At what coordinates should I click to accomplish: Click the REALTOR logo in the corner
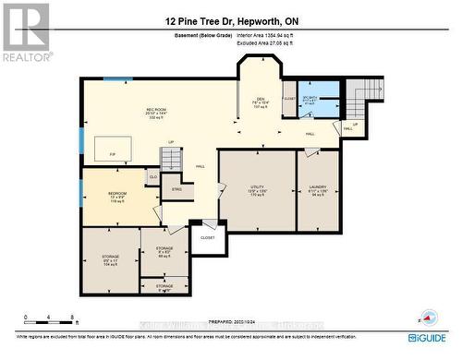pos(25,32)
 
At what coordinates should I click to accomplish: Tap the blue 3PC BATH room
pos(322,101)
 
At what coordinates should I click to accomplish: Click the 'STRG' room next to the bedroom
pos(176,190)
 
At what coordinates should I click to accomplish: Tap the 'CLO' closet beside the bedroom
pos(152,175)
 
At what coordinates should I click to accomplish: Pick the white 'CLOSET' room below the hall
pos(207,238)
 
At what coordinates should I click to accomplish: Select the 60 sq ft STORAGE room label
pos(164,252)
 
